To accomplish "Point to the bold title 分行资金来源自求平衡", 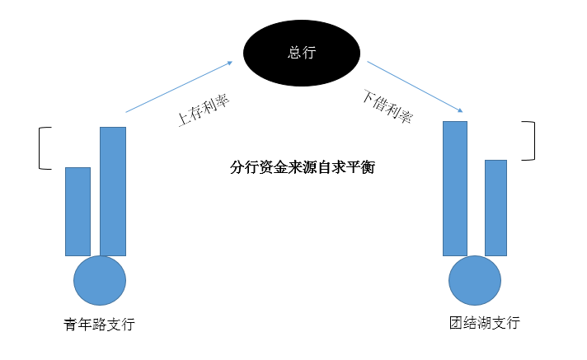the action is [302, 167].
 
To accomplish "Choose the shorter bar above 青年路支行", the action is [77, 211].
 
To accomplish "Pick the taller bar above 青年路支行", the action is [113, 191].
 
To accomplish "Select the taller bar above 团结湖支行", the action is [455, 188].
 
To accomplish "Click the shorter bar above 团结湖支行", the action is [495, 207].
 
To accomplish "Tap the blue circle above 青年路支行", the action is [100, 280].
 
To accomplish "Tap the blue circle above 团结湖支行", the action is [474, 280].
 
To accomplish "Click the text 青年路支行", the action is [98, 325].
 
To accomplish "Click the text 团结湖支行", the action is [480, 322].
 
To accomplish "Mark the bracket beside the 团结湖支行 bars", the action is [533, 141].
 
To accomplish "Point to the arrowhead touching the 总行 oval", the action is [230, 60].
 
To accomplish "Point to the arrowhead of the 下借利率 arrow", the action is [460, 111].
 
